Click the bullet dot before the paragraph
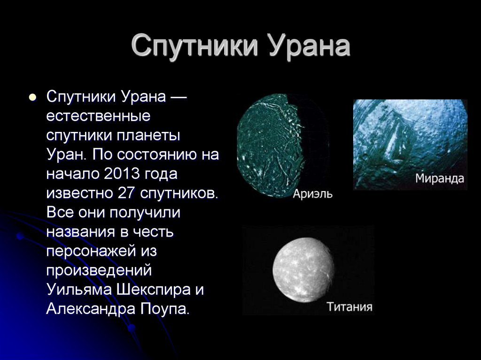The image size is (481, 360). click(32, 98)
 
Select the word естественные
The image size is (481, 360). click(99, 116)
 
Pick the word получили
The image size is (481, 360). click(145, 213)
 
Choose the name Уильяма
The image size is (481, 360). click(79, 290)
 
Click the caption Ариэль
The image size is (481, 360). click(312, 194)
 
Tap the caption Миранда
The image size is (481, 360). click(440, 178)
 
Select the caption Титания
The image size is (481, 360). click(349, 306)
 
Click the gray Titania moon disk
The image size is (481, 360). click(303, 269)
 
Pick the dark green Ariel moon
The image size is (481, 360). click(270, 146)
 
